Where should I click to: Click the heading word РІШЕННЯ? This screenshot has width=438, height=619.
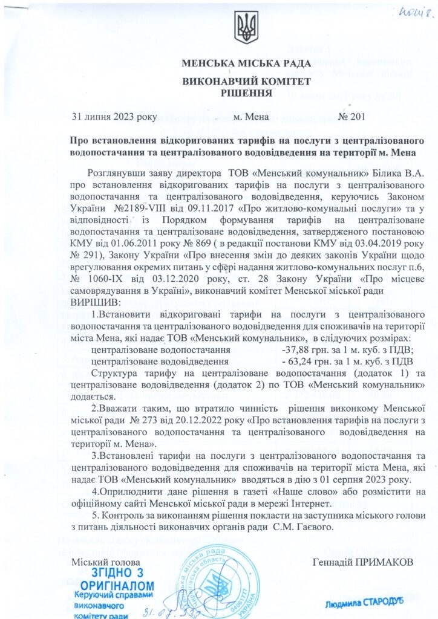(246, 92)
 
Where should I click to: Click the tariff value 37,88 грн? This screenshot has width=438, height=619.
(307, 350)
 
